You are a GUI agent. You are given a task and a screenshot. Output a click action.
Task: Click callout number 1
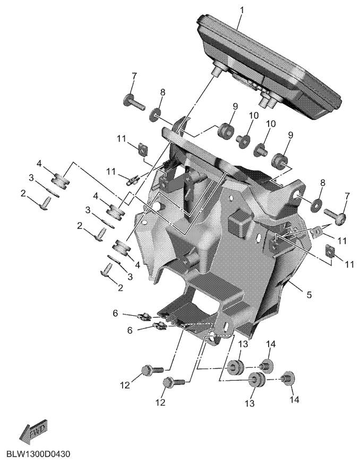[242, 10]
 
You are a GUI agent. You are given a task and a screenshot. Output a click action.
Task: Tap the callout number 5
[309, 294]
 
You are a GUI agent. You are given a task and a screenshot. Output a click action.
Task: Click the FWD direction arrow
[33, 432]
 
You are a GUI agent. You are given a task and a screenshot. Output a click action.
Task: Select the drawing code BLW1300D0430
[38, 454]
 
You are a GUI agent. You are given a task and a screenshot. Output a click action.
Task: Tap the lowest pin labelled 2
[107, 270]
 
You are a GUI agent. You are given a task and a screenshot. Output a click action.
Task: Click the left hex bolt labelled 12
[152, 370]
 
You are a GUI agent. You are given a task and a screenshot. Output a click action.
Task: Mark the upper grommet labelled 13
[236, 367]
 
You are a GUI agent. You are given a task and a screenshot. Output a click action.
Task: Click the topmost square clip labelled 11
[143, 149]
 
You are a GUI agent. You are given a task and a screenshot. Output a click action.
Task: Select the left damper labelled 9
[226, 131]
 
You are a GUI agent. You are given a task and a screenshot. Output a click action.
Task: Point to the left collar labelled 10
[244, 141]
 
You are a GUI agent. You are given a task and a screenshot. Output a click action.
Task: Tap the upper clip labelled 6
[144, 317]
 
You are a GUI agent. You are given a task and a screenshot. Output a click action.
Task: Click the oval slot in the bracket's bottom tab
[226, 328]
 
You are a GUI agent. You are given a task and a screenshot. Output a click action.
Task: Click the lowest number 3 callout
[130, 277]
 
